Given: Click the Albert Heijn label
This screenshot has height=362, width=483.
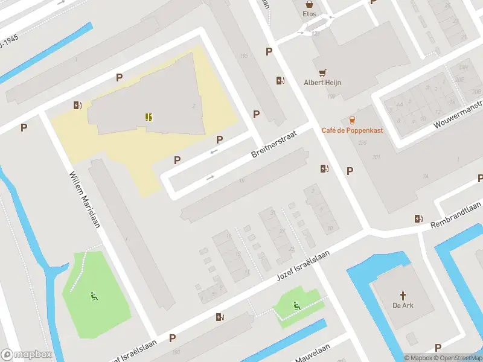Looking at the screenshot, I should click(x=322, y=83).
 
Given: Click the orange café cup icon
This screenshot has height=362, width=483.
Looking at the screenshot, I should click(x=351, y=120).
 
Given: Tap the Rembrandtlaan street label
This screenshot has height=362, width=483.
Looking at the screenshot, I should click(x=455, y=216).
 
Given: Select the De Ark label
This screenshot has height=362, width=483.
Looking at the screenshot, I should click(x=403, y=305).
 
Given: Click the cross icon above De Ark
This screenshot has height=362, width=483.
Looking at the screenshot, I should click(x=403, y=295).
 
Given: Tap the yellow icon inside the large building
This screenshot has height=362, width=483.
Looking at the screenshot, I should click(x=148, y=117).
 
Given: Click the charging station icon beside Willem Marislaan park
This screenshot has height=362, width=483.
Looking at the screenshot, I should click(x=77, y=106).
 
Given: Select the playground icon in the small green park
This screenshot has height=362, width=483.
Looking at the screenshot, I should click(x=296, y=306).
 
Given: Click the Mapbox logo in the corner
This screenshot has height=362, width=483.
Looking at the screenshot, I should click(x=26, y=355).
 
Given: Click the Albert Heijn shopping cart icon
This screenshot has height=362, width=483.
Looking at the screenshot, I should click(x=322, y=71).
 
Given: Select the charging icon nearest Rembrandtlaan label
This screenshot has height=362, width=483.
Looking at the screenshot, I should click(x=418, y=219).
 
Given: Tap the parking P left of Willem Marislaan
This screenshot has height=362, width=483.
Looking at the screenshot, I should click(x=24, y=127).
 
